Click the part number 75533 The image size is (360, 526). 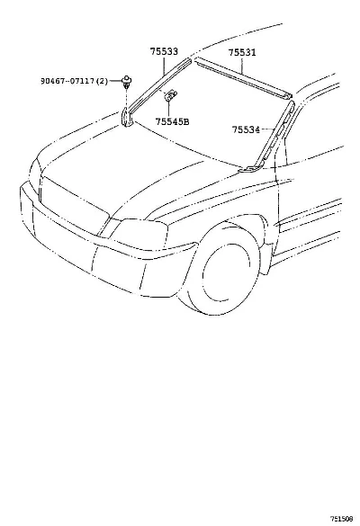point(164,51)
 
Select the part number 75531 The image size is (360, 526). point(242,53)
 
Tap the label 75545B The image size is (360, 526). point(172,121)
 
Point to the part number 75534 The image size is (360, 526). point(247,129)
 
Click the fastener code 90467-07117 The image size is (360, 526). point(67,81)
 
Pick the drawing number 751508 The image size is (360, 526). point(341,519)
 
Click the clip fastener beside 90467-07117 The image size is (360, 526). point(126,82)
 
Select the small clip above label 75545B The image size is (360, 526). point(171,95)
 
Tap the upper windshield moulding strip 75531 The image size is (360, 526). point(243,78)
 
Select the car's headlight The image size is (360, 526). point(140,234)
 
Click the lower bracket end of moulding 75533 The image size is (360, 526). point(127,118)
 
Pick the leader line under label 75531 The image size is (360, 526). point(242,66)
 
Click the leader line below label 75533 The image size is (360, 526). point(164,66)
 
